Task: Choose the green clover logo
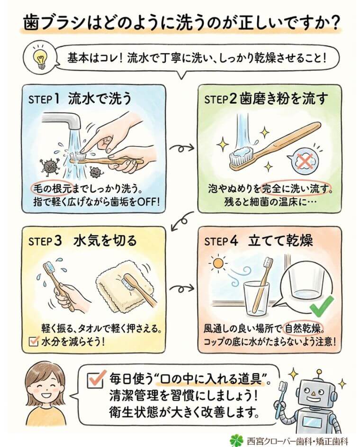point(235,439)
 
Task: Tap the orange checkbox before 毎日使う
point(96,378)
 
